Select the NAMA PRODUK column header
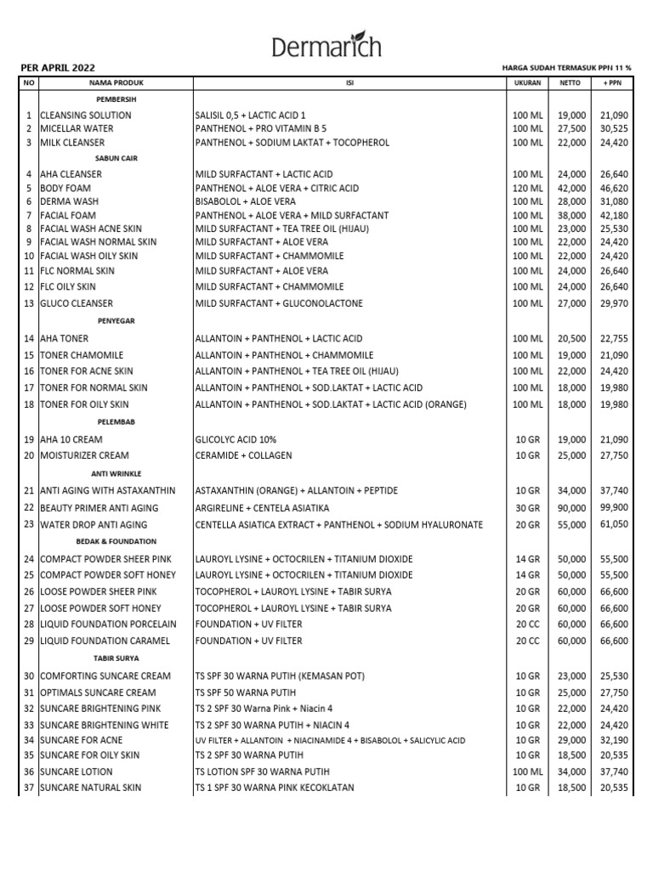click(116, 84)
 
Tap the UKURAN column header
click(527, 84)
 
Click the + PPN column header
click(611, 84)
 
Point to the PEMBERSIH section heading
click(116, 99)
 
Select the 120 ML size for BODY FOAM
click(527, 188)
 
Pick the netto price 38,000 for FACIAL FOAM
click(571, 215)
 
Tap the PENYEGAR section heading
click(116, 320)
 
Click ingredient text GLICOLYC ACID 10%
click(236, 439)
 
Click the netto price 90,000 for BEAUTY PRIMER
click(571, 507)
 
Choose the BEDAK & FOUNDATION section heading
click(116, 541)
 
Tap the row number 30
click(28, 676)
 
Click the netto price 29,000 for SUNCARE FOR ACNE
click(571, 740)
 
